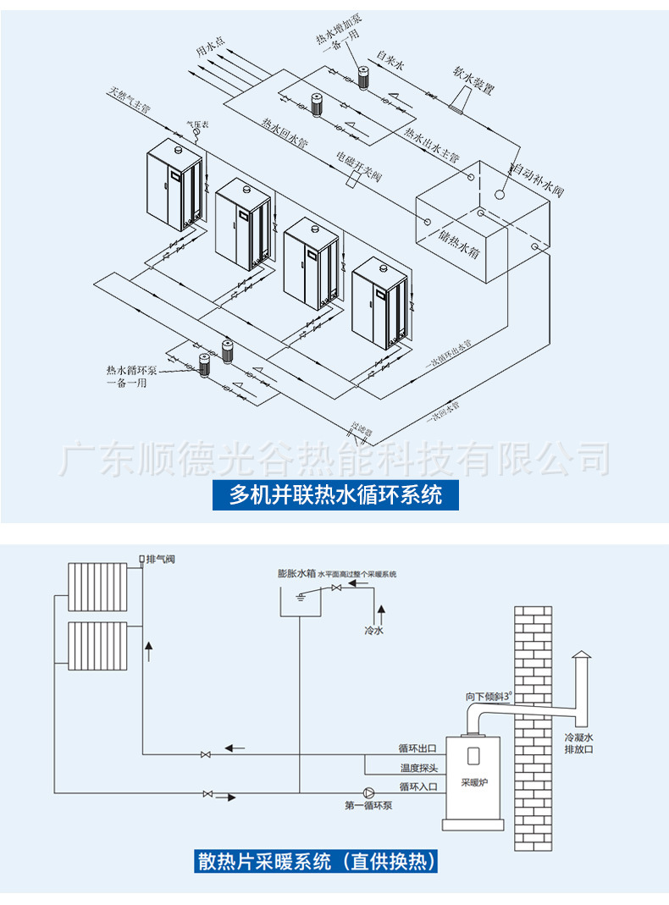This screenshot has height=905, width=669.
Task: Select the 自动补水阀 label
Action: (538, 180)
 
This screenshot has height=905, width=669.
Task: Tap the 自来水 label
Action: (391, 62)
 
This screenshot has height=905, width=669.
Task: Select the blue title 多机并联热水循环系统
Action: (335, 494)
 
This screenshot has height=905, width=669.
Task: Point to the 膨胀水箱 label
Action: (296, 573)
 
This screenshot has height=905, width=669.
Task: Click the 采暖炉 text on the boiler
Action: (473, 782)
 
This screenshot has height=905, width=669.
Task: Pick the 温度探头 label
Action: (418, 768)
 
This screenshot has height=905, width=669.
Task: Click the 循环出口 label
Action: (418, 748)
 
